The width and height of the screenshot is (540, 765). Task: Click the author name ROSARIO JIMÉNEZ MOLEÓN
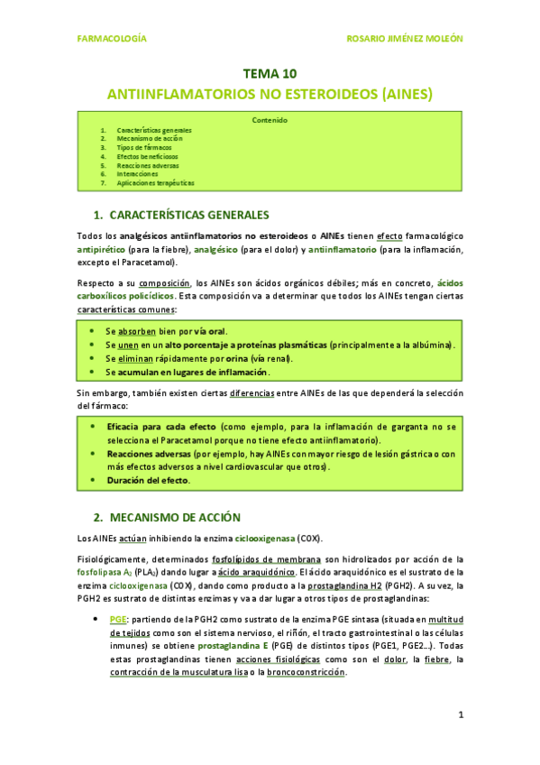click(x=404, y=39)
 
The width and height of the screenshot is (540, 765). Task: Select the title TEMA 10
click(x=270, y=74)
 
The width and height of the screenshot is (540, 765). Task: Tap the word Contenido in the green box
click(x=270, y=120)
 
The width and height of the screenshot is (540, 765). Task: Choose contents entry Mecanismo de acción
click(x=150, y=138)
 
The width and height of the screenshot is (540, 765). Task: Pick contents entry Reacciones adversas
click(x=149, y=165)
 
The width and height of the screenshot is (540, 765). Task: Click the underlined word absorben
click(x=136, y=332)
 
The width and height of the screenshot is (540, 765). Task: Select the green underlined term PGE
click(x=117, y=620)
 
